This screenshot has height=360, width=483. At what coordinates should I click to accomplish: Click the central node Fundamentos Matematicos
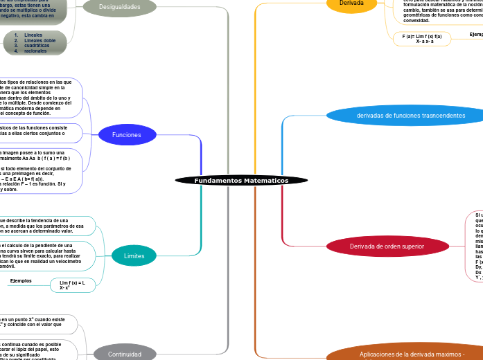click(x=241, y=181)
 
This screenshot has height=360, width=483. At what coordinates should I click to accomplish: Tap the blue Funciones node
click(x=127, y=135)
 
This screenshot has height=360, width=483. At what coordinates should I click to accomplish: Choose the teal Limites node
click(x=134, y=256)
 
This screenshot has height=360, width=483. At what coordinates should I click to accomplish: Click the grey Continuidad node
click(x=125, y=354)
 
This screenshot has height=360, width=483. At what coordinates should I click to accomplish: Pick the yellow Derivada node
click(x=351, y=3)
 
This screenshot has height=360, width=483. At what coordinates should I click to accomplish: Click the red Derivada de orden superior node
click(x=387, y=246)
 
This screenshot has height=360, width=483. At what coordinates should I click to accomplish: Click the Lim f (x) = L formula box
click(x=72, y=285)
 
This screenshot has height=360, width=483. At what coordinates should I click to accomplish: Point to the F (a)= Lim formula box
click(x=421, y=39)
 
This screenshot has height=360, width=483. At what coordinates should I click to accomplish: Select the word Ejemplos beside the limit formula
click(x=21, y=280)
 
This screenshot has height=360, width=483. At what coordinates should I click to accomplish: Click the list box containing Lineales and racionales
click(x=35, y=42)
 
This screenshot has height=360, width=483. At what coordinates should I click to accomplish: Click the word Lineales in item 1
click(x=33, y=35)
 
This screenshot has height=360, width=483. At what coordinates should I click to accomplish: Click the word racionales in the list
click(x=35, y=51)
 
